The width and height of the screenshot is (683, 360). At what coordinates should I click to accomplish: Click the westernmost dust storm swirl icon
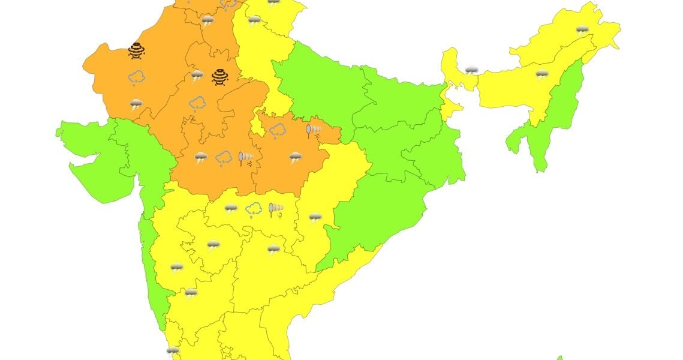137,50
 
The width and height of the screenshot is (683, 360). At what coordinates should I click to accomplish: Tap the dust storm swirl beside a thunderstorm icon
219,76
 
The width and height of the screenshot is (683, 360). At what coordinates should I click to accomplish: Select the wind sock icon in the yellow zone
276,209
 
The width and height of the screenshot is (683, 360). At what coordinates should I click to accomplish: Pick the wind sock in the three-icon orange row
245,158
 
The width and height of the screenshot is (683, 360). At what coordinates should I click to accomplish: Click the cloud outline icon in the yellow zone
254,209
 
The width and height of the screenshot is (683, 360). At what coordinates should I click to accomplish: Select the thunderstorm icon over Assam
541,74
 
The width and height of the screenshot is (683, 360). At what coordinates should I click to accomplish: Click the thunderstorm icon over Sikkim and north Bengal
472,70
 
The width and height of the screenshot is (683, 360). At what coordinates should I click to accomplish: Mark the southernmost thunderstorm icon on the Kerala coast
173,350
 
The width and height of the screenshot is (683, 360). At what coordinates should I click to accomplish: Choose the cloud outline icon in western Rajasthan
137,77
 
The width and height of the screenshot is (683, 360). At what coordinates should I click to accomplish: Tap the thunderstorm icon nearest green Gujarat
137,104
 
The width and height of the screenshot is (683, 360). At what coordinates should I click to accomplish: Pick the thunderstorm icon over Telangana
273,249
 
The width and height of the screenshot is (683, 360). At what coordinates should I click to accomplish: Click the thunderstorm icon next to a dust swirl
197,75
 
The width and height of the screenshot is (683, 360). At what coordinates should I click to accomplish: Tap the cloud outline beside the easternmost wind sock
277,130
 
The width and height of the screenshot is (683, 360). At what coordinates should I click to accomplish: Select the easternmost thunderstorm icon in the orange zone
295,158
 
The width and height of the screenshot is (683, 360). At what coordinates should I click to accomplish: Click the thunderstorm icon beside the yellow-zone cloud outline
231,209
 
